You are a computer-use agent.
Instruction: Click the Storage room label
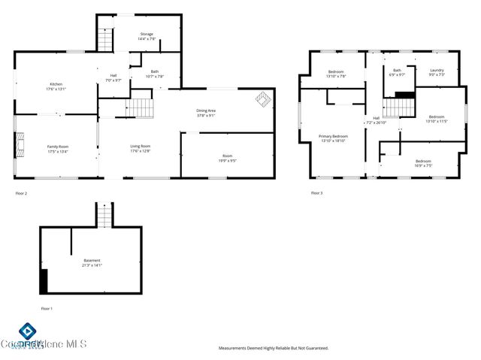point(147,36)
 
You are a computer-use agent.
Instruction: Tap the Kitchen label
point(56,86)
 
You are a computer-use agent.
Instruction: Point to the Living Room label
point(141,148)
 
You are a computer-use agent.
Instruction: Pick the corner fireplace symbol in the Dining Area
point(262,98)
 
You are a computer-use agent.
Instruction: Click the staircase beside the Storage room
point(106,39)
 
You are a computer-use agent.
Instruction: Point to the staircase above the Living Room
point(142,109)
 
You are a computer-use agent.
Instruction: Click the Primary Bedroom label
point(334,138)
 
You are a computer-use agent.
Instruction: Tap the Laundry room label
point(437,72)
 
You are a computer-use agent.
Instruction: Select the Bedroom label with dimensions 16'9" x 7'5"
point(423,163)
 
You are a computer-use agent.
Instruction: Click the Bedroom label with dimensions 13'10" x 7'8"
point(336,74)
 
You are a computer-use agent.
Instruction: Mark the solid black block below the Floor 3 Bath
point(404,95)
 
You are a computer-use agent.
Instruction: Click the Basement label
point(92,262)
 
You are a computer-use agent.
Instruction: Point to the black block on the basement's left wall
point(44,281)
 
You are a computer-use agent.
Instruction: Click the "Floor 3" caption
point(316,193)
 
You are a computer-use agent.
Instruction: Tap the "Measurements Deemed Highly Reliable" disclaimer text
point(273,348)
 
